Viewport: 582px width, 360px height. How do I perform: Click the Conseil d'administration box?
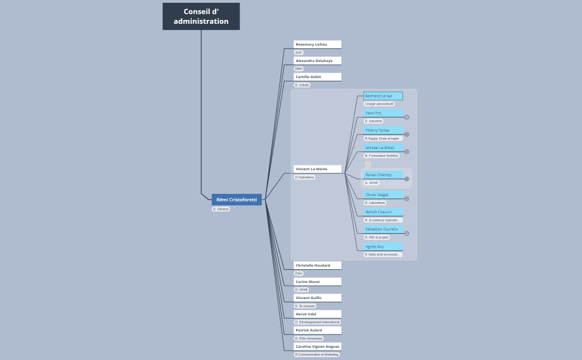coord(201,17)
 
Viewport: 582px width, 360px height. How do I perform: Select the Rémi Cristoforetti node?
coord(237,199)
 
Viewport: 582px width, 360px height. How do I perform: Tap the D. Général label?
coord(221,209)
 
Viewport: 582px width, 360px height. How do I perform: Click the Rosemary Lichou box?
coord(317,44)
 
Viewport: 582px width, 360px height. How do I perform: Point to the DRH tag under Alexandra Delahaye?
coord(299,69)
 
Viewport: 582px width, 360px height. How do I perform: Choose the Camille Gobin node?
coord(317,77)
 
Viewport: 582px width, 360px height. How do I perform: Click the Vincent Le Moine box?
coord(317,169)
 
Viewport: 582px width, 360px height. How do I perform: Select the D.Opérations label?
coord(304,177)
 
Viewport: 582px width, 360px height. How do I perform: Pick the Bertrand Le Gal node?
coord(383,96)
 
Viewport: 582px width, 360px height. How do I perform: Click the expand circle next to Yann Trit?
coord(407,117)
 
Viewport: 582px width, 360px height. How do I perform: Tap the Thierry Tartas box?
coord(383,130)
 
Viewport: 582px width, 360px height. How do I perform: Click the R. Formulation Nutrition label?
coord(381,156)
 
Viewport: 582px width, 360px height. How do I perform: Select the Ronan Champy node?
coord(383,175)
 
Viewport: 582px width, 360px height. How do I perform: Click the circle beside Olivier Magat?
coord(407,199)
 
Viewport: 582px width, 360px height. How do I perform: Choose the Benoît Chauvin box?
coord(383,212)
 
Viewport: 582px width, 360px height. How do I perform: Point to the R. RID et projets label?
coord(377,237)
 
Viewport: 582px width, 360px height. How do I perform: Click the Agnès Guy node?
coord(383,246)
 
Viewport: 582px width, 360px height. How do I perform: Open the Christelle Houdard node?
coord(317,265)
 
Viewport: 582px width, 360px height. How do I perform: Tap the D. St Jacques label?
coord(305,306)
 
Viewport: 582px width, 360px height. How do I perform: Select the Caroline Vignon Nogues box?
coord(317,347)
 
